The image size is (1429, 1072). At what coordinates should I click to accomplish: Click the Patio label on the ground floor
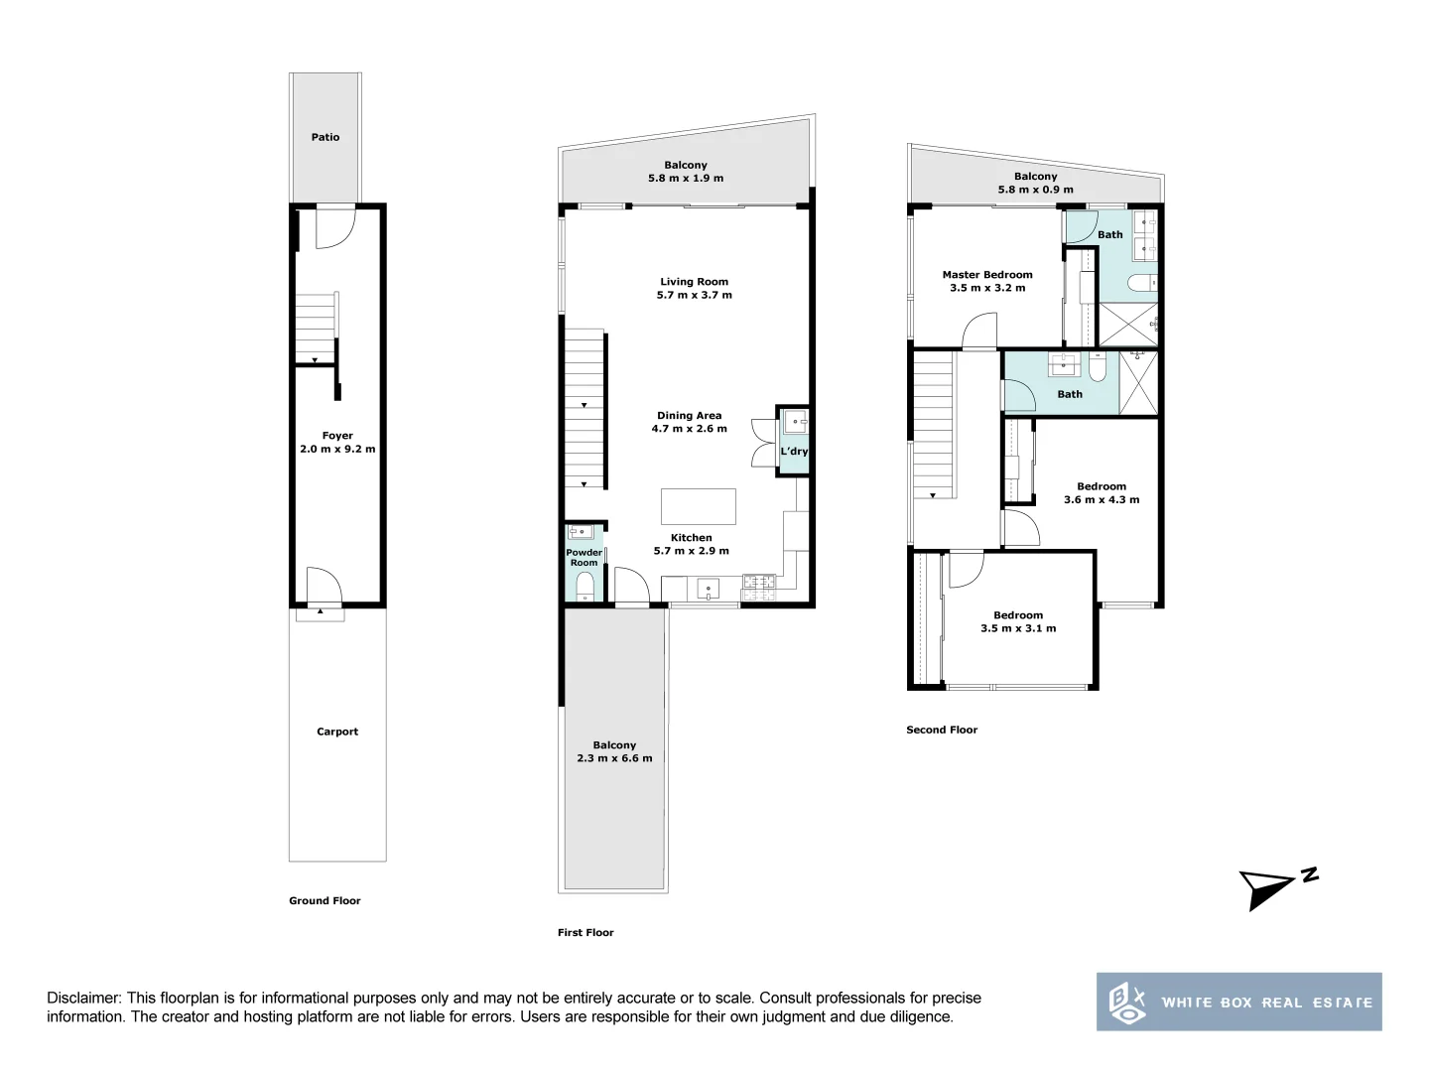(x=325, y=137)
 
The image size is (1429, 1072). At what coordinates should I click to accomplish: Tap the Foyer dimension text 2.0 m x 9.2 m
(x=337, y=449)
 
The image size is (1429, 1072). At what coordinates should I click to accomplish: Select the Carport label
(x=337, y=732)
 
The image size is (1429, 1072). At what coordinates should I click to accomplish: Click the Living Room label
(x=694, y=282)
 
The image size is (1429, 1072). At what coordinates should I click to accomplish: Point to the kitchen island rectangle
(x=699, y=505)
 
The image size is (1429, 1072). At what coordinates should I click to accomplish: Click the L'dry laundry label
(x=794, y=452)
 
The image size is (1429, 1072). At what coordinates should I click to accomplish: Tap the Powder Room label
(x=584, y=558)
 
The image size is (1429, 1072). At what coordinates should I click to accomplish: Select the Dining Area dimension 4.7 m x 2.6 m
(x=689, y=429)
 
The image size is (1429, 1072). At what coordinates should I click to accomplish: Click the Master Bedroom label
(x=986, y=275)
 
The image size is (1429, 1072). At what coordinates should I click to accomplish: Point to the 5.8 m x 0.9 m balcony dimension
(x=1035, y=190)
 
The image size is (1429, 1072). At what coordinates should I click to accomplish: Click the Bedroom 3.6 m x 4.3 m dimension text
(x=1102, y=499)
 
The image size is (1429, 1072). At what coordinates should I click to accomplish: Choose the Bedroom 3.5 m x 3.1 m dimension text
(x=1018, y=628)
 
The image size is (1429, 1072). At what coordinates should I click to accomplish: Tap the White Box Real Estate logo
(x=1238, y=1002)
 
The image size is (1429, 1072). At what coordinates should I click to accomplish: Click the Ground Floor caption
(x=325, y=900)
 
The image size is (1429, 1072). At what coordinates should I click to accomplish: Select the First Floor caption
(x=585, y=932)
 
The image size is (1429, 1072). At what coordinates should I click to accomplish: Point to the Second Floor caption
(x=942, y=730)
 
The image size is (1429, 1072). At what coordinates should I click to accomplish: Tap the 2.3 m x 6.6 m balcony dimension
(x=614, y=758)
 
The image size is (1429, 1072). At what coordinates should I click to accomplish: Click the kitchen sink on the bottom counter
(x=709, y=590)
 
